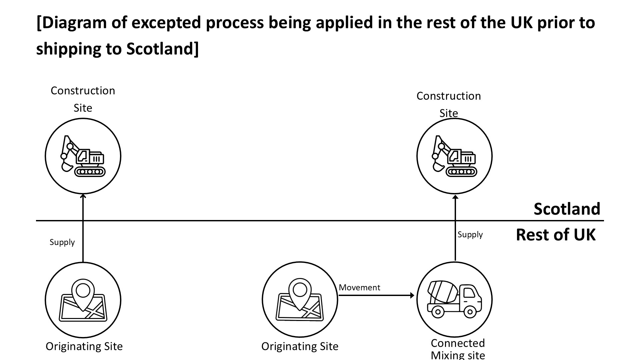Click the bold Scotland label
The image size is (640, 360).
pyautogui.click(x=567, y=209)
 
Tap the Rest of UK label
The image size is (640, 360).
pyautogui.click(x=555, y=235)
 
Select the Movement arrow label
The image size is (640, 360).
pyautogui.click(x=359, y=287)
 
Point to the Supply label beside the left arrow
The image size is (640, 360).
pyautogui.click(x=62, y=242)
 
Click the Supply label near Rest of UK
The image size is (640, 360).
pyautogui.click(x=470, y=235)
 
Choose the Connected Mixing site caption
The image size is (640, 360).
pyautogui.click(x=458, y=349)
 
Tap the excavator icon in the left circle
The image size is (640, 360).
pyautogui.click(x=83, y=156)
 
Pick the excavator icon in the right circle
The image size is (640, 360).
pyautogui.click(x=454, y=156)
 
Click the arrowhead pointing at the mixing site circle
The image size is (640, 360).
pyautogui.click(x=412, y=295)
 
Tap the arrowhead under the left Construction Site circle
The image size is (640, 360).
pyautogui.click(x=83, y=196)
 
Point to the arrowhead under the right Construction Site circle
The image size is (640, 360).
pyautogui.click(x=455, y=197)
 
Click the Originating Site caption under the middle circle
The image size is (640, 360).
pyautogui.click(x=300, y=346)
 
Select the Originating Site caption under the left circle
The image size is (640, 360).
pyautogui.click(x=84, y=346)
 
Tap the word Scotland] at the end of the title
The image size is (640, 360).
pyautogui.click(x=162, y=49)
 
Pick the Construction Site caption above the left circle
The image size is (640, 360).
pyautogui.click(x=83, y=99)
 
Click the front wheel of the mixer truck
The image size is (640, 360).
pyautogui.click(x=470, y=312)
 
